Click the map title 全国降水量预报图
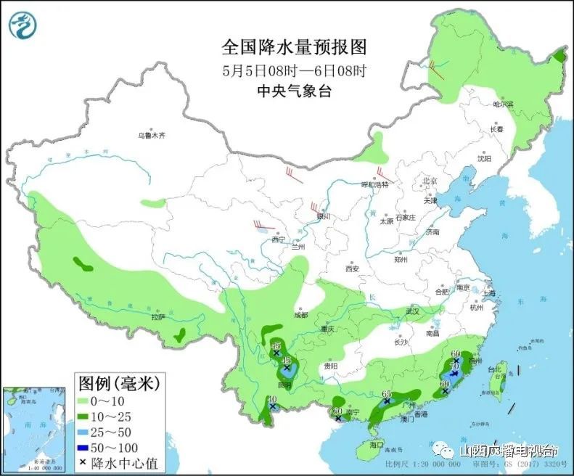tap(294, 48)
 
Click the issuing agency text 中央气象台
tap(294, 91)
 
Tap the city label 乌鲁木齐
tap(152, 135)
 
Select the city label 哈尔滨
tap(503, 104)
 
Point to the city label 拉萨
tap(158, 317)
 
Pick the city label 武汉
tap(413, 311)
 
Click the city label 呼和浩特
tap(375, 184)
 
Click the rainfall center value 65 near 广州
tap(386, 394)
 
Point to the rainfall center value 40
tap(273, 399)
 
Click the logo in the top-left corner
tap(22, 25)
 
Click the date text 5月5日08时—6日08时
tap(294, 71)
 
